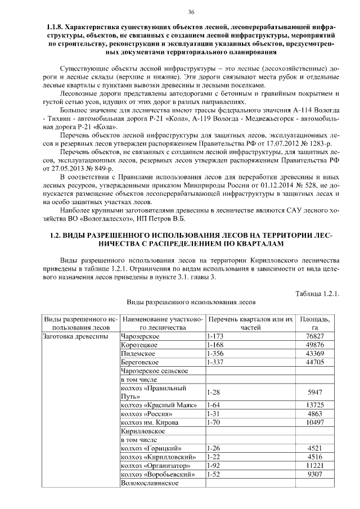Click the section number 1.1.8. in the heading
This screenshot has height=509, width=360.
pyautogui.click(x=60, y=27)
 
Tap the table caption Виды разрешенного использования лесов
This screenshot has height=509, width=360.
pyautogui.click(x=191, y=302)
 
